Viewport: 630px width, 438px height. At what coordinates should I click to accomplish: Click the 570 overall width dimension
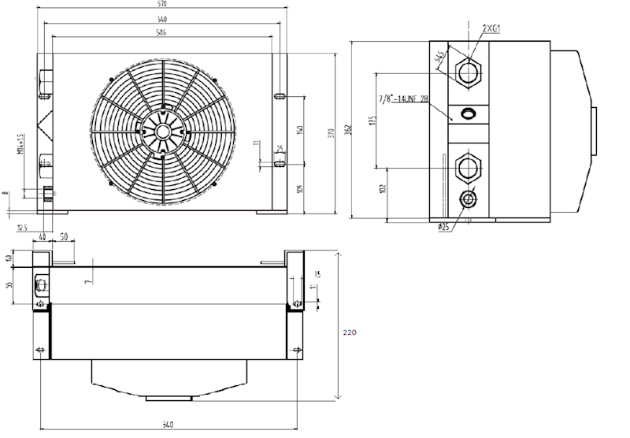click(162, 4)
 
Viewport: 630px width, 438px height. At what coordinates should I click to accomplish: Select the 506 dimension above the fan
click(162, 32)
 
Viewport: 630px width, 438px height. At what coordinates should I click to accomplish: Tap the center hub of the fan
click(163, 132)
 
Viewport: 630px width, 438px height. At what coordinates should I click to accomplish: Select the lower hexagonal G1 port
click(469, 166)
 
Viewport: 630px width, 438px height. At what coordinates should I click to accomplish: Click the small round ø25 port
click(469, 198)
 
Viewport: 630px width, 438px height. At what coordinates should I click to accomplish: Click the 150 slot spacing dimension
click(299, 129)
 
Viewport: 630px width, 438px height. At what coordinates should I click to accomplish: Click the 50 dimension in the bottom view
click(63, 237)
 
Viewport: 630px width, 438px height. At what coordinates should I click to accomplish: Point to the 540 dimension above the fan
click(162, 18)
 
